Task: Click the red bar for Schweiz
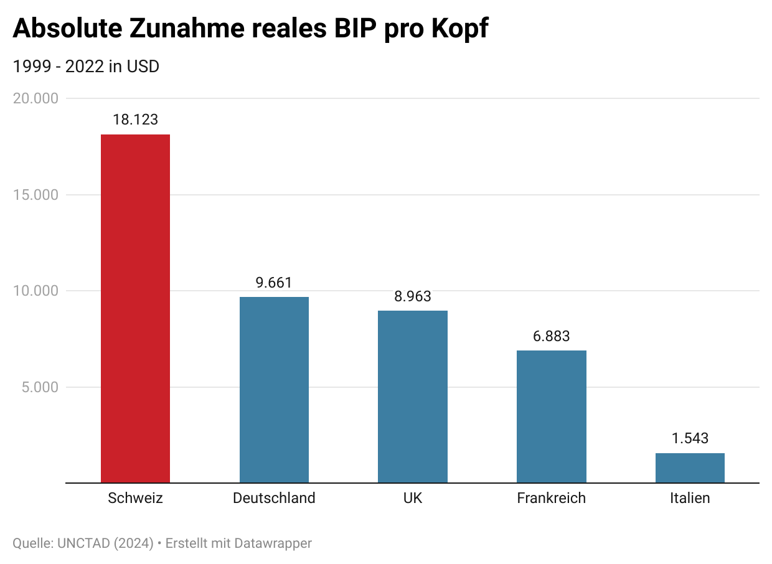point(135,308)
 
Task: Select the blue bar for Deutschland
point(274,390)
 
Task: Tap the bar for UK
point(412,397)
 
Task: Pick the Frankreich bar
point(551,416)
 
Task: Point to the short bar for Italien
point(690,468)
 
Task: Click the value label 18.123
point(135,120)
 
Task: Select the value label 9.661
point(274,283)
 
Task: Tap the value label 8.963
point(412,296)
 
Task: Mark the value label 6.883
point(551,336)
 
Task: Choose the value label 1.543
point(690,438)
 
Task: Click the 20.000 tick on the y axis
point(35,98)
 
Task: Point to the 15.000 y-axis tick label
point(35,195)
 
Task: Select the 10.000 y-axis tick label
point(35,291)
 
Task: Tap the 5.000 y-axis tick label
point(39,387)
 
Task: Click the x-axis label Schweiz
point(135,498)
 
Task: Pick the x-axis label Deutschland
point(274,498)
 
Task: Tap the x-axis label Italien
point(690,498)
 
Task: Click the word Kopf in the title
point(458,29)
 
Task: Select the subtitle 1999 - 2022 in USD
point(86,66)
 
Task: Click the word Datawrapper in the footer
point(273,543)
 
